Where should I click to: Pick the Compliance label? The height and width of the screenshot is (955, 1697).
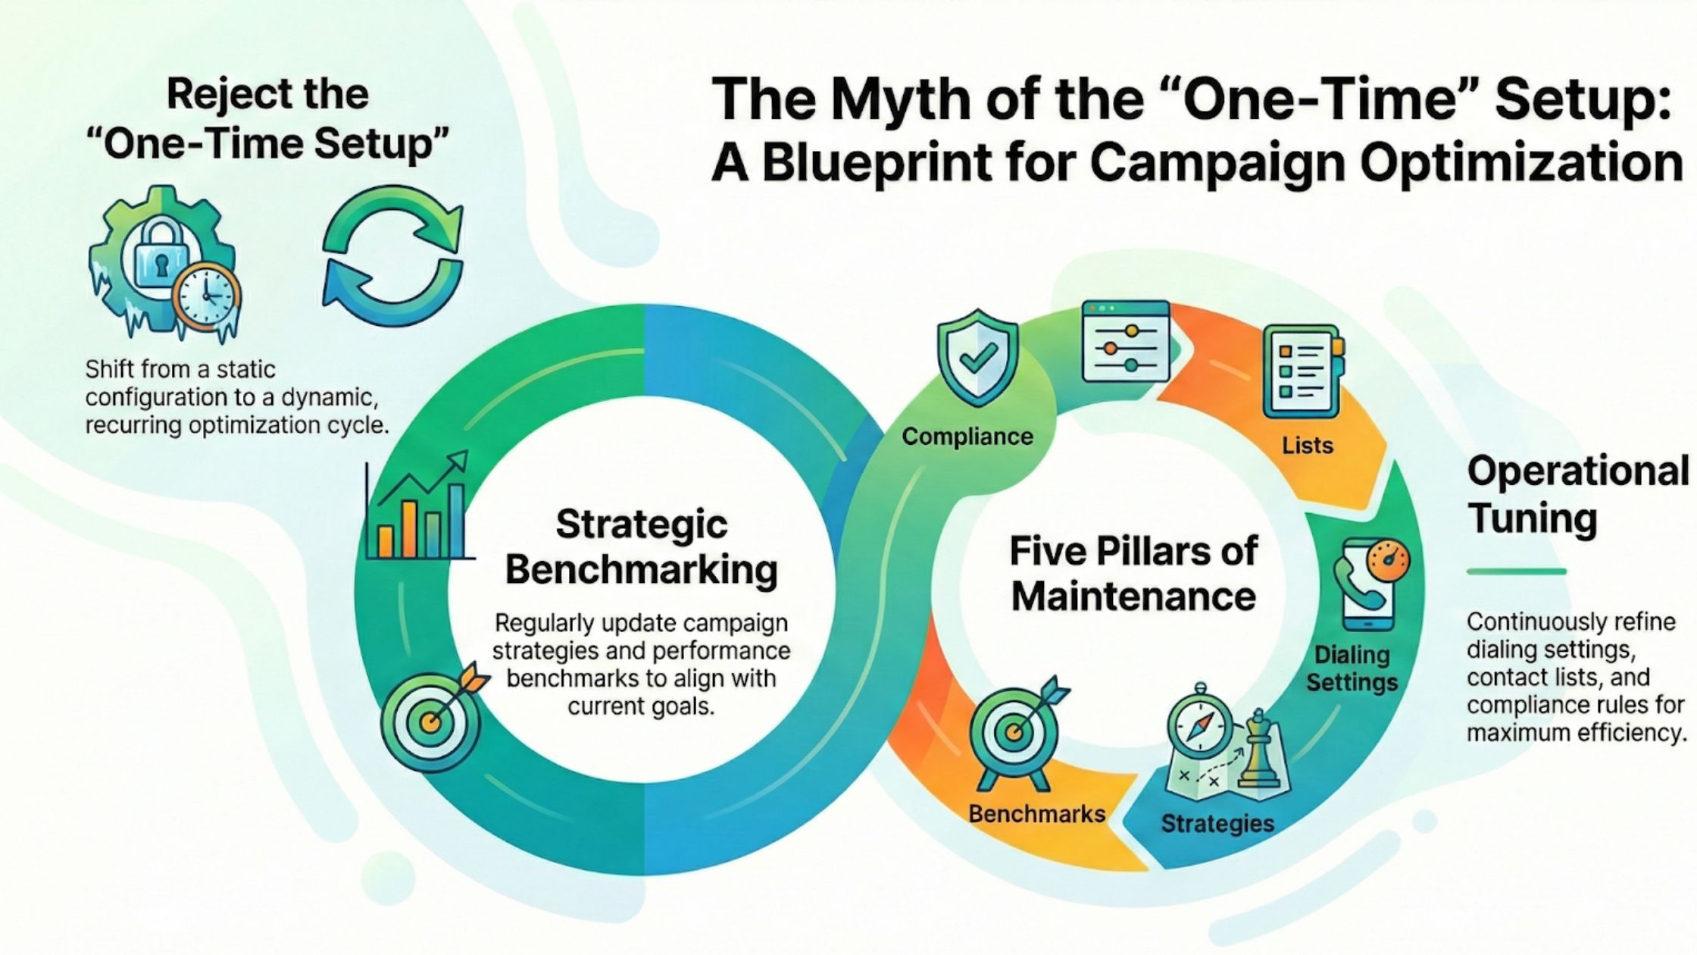pyautogui.click(x=967, y=437)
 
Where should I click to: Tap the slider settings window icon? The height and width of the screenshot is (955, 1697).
pyautogui.click(x=1126, y=341)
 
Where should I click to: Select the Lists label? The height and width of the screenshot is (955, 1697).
pyautogui.click(x=1308, y=445)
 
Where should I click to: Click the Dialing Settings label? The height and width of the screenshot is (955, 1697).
pyautogui.click(x=1352, y=668)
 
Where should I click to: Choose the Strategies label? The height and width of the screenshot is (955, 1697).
pyautogui.click(x=1217, y=823)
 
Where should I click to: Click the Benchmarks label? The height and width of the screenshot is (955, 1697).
pyautogui.click(x=1037, y=814)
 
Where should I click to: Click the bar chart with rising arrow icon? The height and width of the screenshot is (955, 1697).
pyautogui.click(x=418, y=506)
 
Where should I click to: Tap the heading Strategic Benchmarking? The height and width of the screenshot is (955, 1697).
pyautogui.click(x=642, y=546)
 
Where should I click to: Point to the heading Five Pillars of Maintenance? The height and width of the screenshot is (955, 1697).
pyautogui.click(x=1133, y=573)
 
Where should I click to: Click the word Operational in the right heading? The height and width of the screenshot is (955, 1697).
pyautogui.click(x=1578, y=471)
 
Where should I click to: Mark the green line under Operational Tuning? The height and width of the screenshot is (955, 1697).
pyautogui.click(x=1516, y=571)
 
